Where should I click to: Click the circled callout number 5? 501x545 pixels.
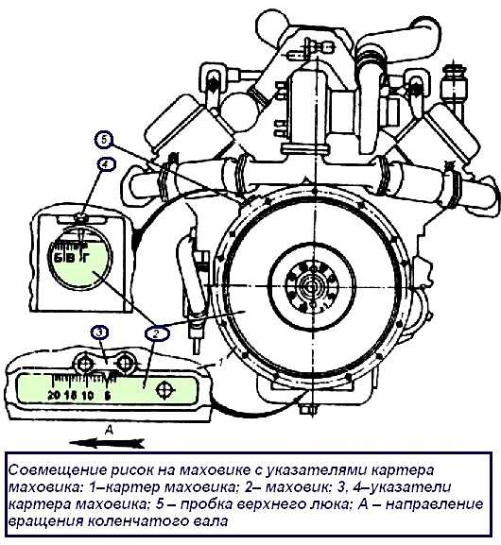tap(104, 139)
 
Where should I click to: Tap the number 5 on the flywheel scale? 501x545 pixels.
tap(109, 392)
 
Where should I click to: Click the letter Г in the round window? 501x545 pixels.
tap(86, 254)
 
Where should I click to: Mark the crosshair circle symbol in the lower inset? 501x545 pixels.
tap(164, 389)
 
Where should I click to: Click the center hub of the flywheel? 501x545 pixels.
tap(309, 287)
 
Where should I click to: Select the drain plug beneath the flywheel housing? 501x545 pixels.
tap(304, 410)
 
